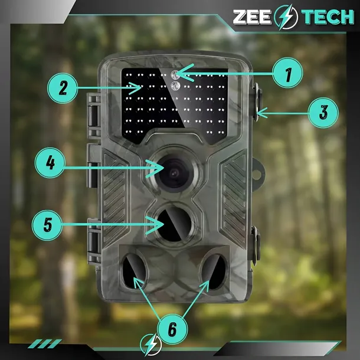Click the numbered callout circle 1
pos(287,73)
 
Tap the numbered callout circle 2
pos(63,88)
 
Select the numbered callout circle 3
pos(323,113)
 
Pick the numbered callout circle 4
pos(50,162)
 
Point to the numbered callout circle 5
pos(47,225)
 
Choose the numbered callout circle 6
pos(172,329)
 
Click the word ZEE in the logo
pos(252,17)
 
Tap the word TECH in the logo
pos(328,17)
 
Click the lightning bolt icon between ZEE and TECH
pos(286,17)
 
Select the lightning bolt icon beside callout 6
pos(151,345)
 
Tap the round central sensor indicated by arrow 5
pos(175,224)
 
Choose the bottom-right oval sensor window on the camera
pos(214,271)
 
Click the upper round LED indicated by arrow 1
pos(175,74)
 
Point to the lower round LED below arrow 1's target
pos(175,86)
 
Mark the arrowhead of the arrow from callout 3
pos(261,113)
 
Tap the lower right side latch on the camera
pos(256,245)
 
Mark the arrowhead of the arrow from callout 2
pos(136,88)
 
